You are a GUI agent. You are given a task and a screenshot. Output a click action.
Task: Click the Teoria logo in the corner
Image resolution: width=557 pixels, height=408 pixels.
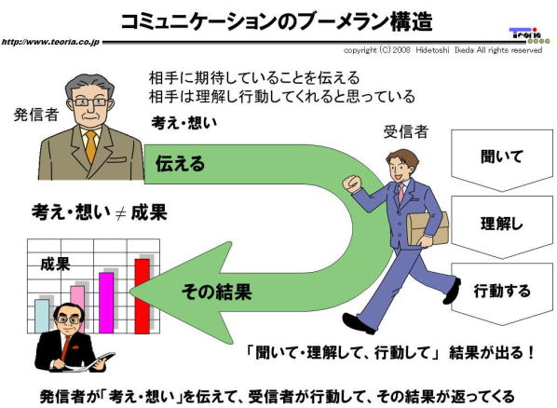529,36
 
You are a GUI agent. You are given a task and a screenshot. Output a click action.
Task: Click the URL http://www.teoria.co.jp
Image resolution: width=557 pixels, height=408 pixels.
50,42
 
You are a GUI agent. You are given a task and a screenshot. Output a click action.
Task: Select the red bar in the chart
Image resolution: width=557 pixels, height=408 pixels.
143,296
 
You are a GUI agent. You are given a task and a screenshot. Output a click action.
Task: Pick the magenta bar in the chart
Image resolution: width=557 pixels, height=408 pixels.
106,303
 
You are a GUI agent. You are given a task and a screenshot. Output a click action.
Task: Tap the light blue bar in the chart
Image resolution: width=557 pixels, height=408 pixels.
42,316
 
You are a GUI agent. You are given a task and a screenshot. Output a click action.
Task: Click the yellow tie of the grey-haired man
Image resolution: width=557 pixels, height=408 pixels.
91,146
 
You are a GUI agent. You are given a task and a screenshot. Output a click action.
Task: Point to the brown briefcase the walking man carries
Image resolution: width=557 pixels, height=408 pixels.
428,229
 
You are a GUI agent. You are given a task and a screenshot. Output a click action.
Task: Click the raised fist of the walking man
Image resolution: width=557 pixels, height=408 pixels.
352,184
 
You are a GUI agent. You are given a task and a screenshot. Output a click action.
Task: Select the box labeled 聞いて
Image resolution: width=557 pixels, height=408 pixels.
502,160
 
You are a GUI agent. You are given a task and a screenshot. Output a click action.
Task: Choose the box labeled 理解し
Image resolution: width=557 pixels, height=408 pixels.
502,227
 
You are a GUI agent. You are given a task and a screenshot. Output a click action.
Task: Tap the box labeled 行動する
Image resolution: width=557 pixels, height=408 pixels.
502,294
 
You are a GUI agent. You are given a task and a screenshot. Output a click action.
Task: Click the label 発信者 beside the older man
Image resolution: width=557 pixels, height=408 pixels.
36,115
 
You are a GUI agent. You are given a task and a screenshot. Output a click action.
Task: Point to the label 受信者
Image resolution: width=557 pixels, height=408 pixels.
406,132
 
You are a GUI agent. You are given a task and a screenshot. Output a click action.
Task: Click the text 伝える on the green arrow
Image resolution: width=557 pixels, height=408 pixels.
180,164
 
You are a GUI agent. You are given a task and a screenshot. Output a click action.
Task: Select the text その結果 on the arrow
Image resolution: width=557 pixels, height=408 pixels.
217,292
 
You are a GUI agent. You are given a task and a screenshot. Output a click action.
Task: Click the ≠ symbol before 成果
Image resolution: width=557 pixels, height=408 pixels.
121,213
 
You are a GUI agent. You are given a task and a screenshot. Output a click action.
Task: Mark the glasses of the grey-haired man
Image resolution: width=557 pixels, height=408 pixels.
89,102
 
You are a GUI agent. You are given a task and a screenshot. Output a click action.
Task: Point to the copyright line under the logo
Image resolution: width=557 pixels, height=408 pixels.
442,50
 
